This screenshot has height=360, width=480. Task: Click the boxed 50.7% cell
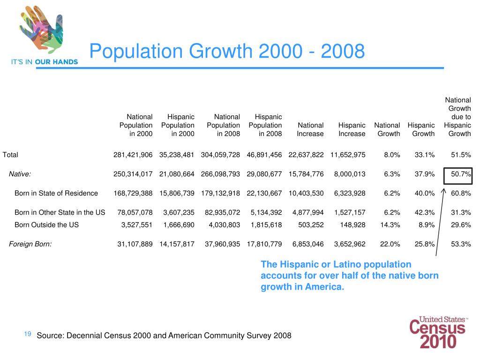pos(458,176)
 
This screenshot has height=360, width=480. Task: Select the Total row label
pos(10,155)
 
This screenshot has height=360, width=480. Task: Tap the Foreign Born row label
pos(30,244)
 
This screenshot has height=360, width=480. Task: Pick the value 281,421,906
pos(133,155)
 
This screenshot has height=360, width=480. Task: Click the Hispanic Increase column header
pos(352,129)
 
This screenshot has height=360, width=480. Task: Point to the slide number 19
pos(28,334)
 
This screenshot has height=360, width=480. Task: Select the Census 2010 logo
pos(438,332)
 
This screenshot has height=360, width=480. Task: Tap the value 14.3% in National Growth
pos(390,225)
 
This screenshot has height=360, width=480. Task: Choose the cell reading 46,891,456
pos(264,155)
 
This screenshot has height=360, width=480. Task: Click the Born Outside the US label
pos(46,225)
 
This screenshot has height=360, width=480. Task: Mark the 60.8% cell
pos(461,193)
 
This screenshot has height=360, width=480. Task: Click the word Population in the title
pos(136,51)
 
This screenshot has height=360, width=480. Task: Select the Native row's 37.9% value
pos(425,174)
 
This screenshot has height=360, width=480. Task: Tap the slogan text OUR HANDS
pos(56,62)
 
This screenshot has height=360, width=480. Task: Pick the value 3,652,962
pos(350,244)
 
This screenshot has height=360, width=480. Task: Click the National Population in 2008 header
pos(224,125)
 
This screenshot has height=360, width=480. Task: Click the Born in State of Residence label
pos(56,193)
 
